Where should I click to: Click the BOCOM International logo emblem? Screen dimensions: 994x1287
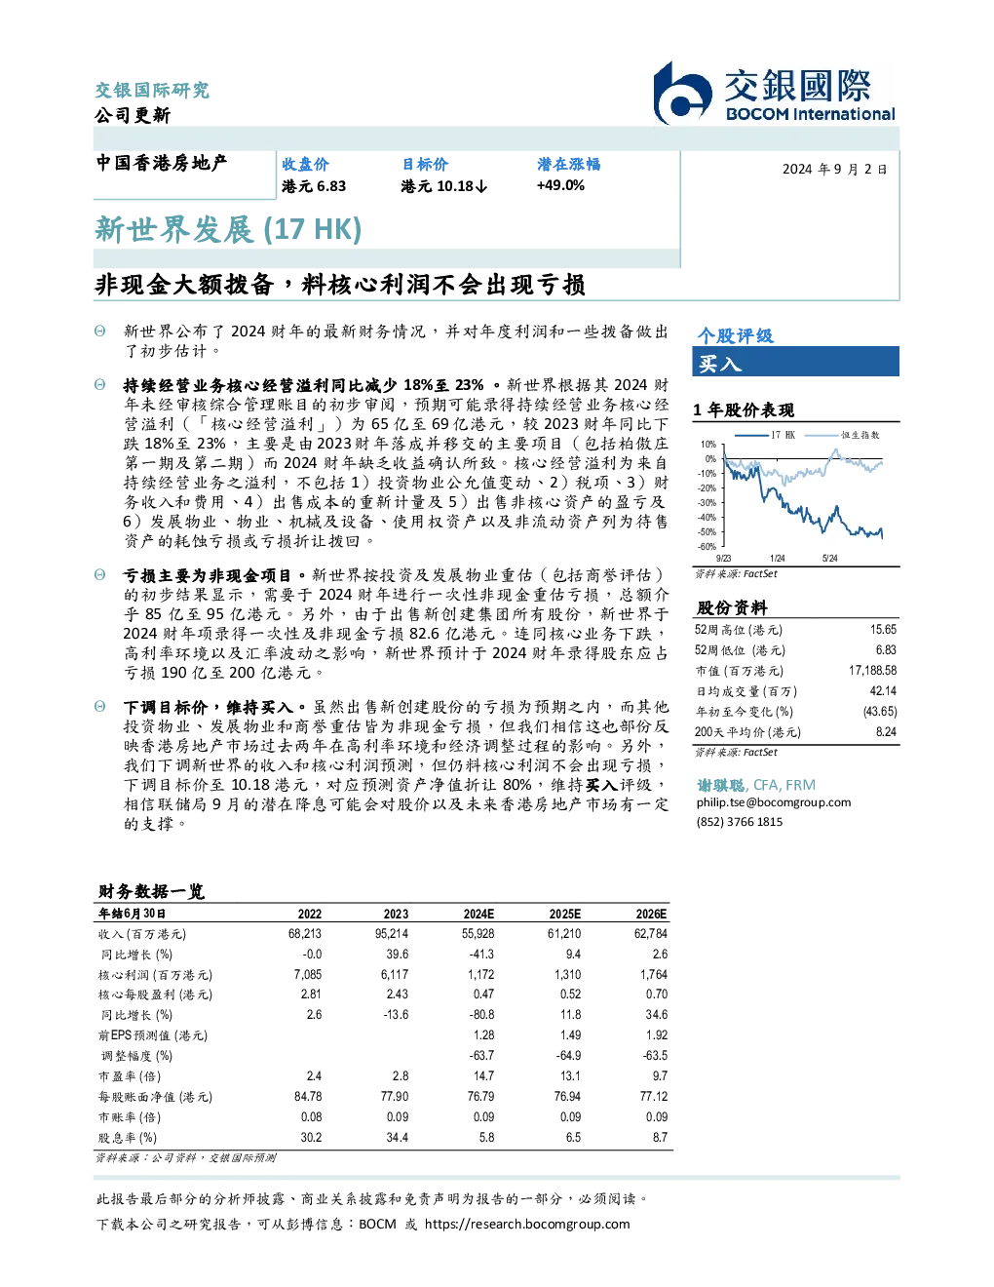click(682, 94)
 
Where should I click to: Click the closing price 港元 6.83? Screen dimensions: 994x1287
click(314, 186)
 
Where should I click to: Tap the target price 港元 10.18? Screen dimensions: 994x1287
click(443, 186)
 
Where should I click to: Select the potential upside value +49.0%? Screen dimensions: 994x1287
click(560, 185)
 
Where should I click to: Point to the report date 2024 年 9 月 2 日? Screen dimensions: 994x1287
click(835, 170)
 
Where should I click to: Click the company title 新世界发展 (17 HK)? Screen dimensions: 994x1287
click(228, 229)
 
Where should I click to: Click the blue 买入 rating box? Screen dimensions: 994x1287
click(795, 362)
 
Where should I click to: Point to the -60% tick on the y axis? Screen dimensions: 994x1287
click(707, 547)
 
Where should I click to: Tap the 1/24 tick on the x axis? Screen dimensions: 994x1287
click(778, 559)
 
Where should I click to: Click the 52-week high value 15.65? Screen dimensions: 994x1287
click(883, 630)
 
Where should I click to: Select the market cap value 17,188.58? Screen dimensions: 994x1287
click(872, 671)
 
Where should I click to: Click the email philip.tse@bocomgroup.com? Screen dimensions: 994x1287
click(773, 802)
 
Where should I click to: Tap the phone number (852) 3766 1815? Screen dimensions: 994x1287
click(740, 822)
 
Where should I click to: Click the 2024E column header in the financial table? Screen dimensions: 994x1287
click(478, 914)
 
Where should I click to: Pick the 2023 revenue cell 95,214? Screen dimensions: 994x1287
click(392, 934)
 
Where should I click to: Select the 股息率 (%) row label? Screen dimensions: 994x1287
click(128, 1138)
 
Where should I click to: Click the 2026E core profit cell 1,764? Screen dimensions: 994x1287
click(654, 974)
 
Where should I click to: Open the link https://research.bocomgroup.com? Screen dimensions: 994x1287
click(527, 1225)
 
